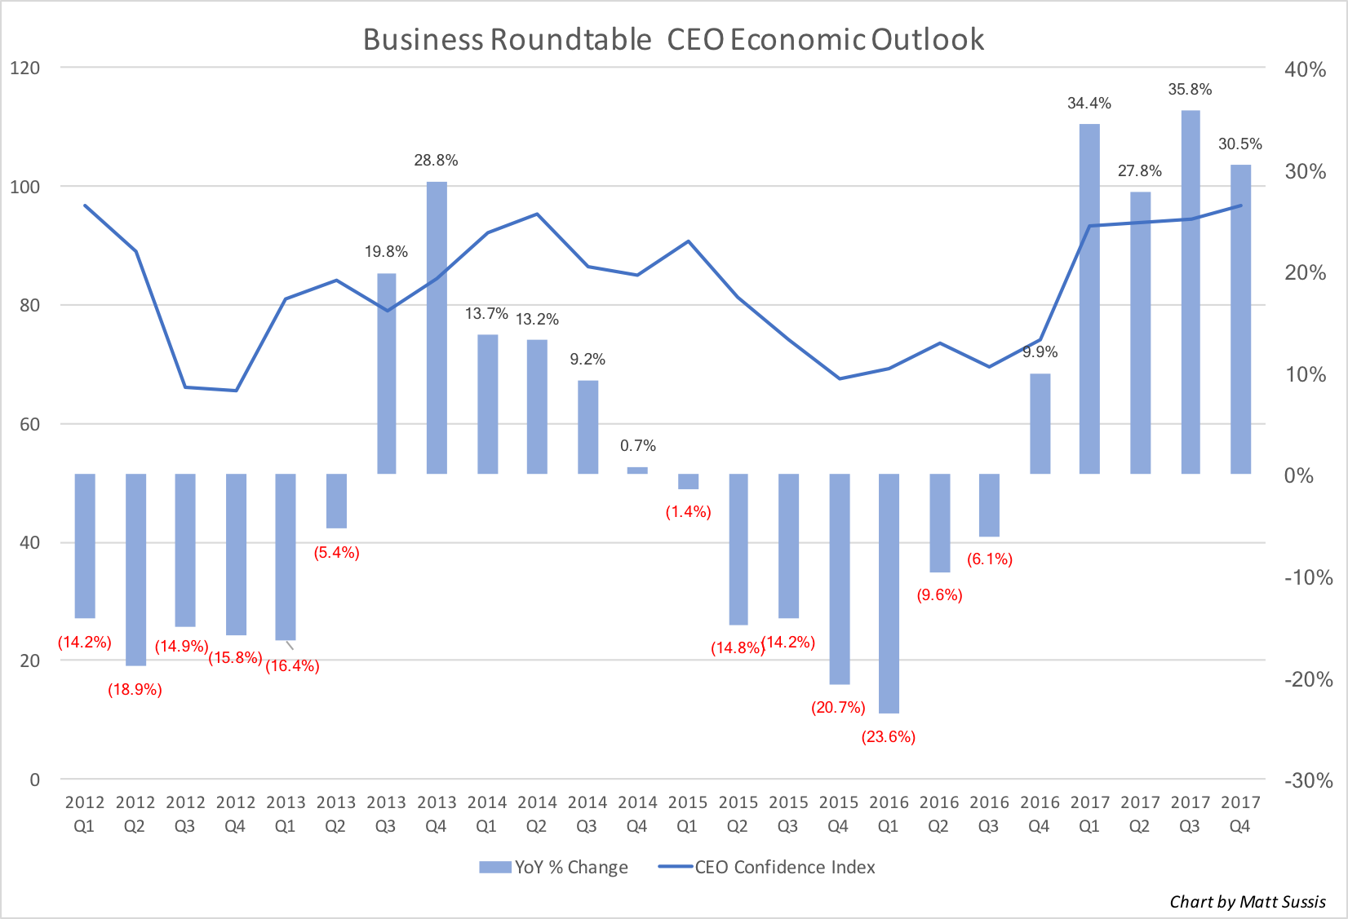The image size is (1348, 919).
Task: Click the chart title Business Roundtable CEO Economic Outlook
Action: click(673, 39)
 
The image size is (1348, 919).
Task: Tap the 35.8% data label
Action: click(1190, 90)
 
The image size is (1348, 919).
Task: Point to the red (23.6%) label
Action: click(889, 737)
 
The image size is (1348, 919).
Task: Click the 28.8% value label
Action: click(436, 161)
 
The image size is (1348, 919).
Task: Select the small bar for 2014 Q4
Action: click(637, 471)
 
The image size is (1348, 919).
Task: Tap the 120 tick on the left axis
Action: click(24, 68)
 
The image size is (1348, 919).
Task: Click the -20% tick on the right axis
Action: click(1308, 679)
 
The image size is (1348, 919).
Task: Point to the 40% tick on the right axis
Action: click(1306, 69)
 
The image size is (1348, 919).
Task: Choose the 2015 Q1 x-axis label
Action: click(688, 814)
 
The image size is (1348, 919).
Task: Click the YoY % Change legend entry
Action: click(554, 868)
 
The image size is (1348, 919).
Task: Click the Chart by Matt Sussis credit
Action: click(1248, 902)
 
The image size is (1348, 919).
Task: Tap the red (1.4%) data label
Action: click(688, 512)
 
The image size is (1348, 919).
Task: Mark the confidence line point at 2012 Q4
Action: click(236, 391)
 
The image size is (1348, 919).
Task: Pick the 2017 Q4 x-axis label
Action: click(1240, 814)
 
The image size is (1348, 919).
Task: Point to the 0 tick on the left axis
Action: click(34, 780)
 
